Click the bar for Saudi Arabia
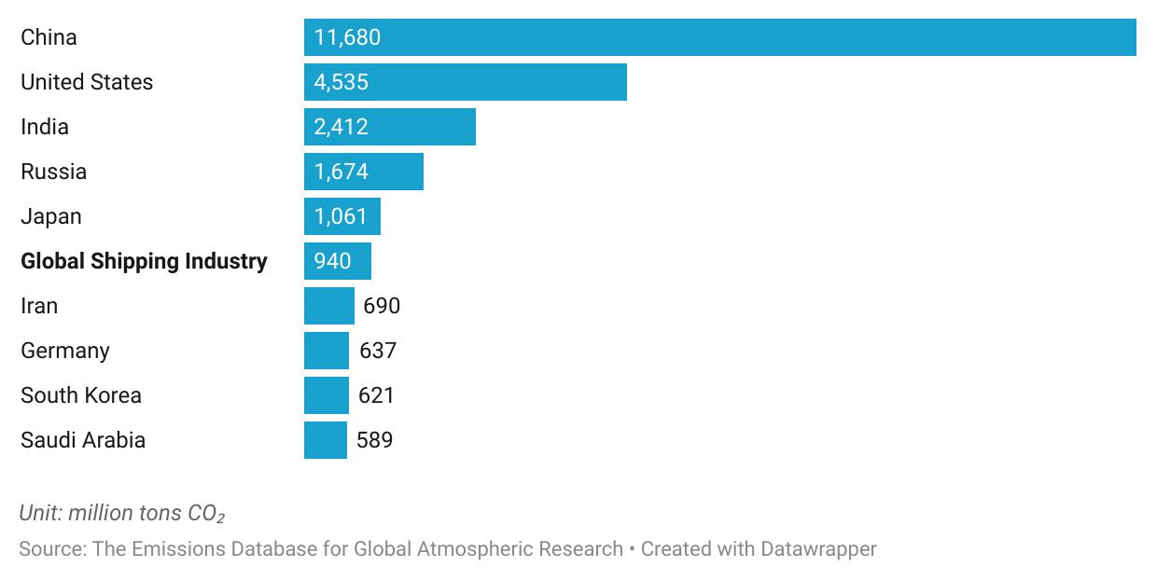click(x=326, y=440)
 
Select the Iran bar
click(x=329, y=306)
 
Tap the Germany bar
click(x=327, y=351)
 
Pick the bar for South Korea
click(x=327, y=395)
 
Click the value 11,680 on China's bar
click(x=347, y=37)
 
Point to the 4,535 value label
click(x=342, y=82)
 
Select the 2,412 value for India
click(x=342, y=127)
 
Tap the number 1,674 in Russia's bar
click(x=342, y=172)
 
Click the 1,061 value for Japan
click(x=342, y=216)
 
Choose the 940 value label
click(x=333, y=261)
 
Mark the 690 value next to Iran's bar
click(x=382, y=306)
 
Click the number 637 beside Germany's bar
click(x=378, y=351)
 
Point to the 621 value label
click(x=376, y=395)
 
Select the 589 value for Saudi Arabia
click(x=374, y=440)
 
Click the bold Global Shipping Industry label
click(x=144, y=261)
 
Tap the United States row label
click(x=87, y=82)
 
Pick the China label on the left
click(x=49, y=37)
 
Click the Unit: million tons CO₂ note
click(x=122, y=514)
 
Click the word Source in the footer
click(x=50, y=549)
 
